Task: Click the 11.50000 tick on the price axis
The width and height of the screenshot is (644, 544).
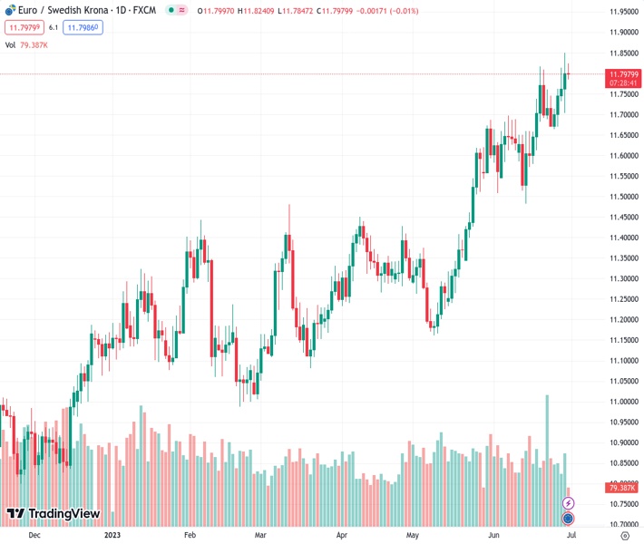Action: click(x=621, y=197)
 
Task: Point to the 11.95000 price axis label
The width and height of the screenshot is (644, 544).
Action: click(x=621, y=12)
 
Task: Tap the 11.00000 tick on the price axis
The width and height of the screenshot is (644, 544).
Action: click(x=621, y=402)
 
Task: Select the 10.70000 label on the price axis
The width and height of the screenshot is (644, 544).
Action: click(x=621, y=524)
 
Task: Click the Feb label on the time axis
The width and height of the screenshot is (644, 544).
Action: click(x=190, y=535)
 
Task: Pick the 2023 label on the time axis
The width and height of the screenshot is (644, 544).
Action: click(x=112, y=535)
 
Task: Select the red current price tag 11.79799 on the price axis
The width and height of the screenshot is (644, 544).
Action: click(x=621, y=73)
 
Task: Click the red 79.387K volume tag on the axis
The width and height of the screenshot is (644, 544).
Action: click(x=621, y=488)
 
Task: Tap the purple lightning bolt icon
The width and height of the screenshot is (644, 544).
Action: click(x=569, y=502)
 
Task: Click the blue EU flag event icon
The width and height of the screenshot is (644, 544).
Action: click(x=568, y=519)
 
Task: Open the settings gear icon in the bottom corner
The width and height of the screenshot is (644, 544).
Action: click(x=624, y=535)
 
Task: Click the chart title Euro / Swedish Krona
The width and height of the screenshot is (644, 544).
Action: click(x=69, y=11)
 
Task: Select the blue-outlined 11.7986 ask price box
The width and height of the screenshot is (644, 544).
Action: click(x=83, y=28)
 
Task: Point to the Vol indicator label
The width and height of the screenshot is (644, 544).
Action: click(x=11, y=44)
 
